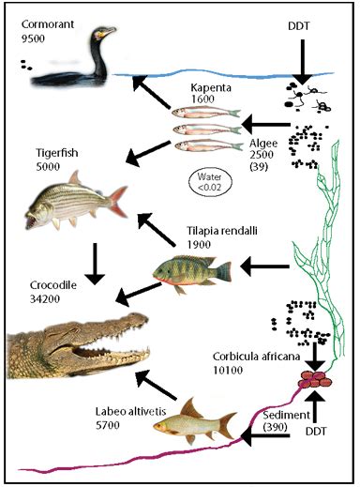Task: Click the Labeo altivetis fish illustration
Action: pos(194,424)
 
